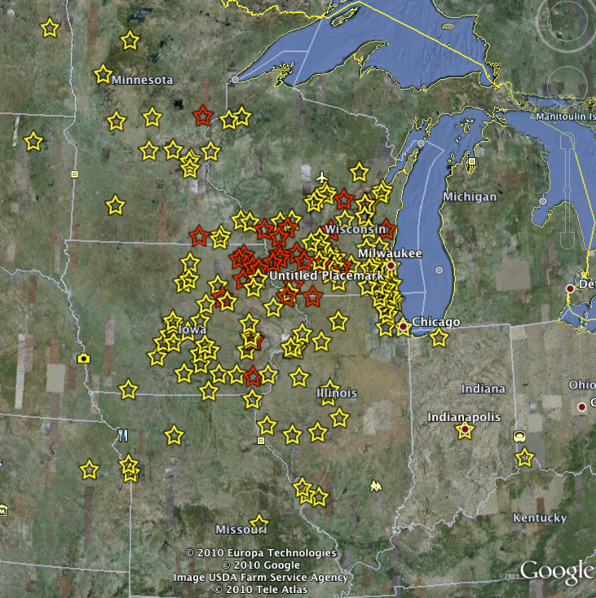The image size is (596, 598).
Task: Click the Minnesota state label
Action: [x=143, y=80]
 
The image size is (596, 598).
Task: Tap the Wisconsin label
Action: [x=355, y=230]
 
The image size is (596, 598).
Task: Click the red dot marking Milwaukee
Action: [x=391, y=266]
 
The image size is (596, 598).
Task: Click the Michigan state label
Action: [x=470, y=197]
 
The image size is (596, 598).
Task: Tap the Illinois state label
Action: [x=337, y=393]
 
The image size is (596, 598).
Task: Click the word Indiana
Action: [x=483, y=389]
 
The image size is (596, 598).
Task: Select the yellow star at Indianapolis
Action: [x=465, y=430]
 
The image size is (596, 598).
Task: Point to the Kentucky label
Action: [x=540, y=517]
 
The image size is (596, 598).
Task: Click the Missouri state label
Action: [x=242, y=530]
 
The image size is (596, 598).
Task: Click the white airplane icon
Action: [x=323, y=177]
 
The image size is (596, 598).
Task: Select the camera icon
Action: [x=83, y=358]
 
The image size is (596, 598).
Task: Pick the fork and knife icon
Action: [x=123, y=435]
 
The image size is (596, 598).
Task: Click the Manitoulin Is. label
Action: [x=565, y=117]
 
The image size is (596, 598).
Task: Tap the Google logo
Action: [x=558, y=571]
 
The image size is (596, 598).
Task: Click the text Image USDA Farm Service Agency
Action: [x=261, y=577]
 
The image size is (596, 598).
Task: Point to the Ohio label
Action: [x=581, y=385]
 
